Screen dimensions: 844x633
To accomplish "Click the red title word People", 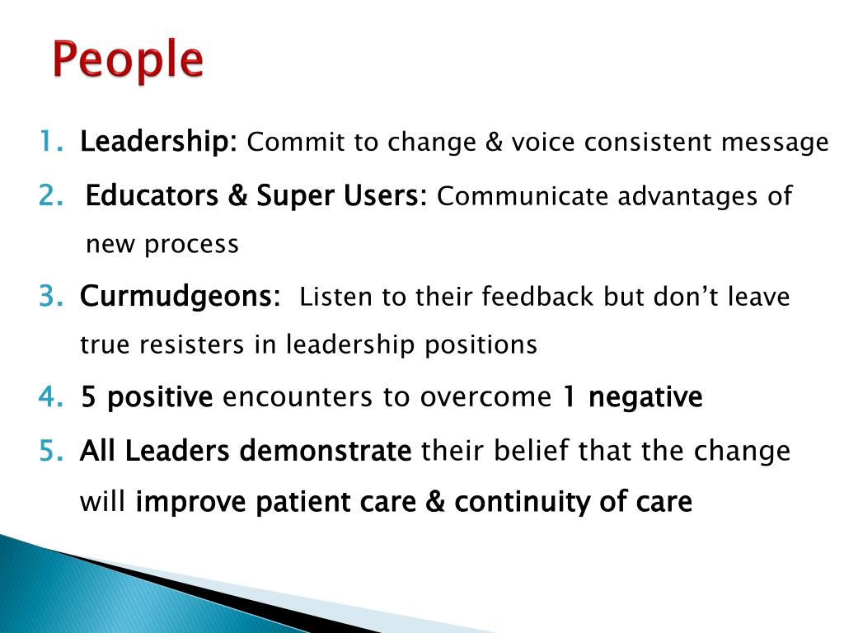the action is [x=128, y=60].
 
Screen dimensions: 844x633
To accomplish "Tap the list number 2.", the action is [x=51, y=195].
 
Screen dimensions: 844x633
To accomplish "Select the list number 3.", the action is [x=51, y=296].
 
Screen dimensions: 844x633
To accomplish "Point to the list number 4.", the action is [x=51, y=396].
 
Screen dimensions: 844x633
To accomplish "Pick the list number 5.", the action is [x=51, y=450].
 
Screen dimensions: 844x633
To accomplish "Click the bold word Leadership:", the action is [x=158, y=142].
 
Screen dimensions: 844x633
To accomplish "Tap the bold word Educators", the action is [x=152, y=195].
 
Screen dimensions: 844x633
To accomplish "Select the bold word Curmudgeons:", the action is [x=180, y=297].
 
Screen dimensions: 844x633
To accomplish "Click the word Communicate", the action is [x=522, y=196].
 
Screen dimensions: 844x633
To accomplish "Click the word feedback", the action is [x=537, y=297].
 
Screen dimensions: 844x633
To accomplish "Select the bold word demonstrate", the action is [x=326, y=451].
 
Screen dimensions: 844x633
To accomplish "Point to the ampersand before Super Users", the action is [x=237, y=195].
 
